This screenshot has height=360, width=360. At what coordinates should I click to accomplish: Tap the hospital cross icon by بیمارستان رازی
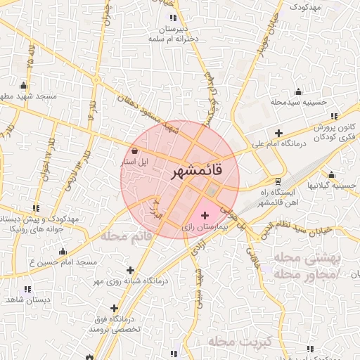[x=205, y=214]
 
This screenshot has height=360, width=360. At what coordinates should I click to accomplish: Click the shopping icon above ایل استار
[x=134, y=150]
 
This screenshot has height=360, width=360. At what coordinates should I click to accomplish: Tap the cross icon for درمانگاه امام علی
[x=278, y=133]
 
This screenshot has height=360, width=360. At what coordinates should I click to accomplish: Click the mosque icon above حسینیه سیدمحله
[x=298, y=91]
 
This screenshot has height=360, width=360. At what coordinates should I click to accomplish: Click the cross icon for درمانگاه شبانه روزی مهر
[x=130, y=270]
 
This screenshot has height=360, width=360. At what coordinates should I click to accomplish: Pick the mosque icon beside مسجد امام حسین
[x=63, y=251]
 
